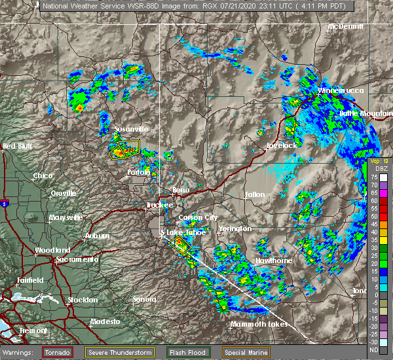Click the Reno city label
click(181, 190)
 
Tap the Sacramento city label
click(77, 260)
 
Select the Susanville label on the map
click(132, 129)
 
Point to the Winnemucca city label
click(341, 90)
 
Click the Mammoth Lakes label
click(259, 324)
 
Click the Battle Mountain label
click(365, 113)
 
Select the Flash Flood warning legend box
click(187, 352)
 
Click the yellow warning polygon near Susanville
click(124, 150)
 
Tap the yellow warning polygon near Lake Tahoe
click(179, 245)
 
